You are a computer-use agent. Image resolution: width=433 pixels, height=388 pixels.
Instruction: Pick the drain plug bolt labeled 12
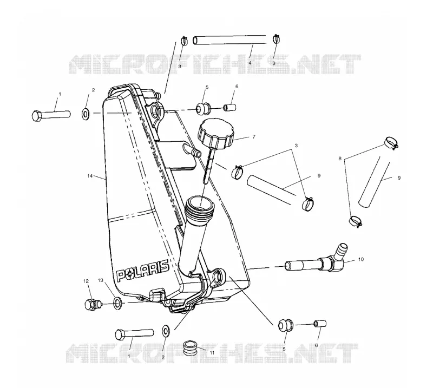click(92, 304)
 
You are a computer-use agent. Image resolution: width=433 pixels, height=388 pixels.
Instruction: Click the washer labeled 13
click(117, 303)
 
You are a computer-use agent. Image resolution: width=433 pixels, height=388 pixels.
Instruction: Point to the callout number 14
click(89, 176)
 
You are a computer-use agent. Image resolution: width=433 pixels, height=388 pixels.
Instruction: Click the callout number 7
click(253, 137)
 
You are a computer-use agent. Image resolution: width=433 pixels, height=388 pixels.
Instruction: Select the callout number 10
click(361, 259)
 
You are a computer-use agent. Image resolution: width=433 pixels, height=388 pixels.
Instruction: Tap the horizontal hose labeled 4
click(229, 40)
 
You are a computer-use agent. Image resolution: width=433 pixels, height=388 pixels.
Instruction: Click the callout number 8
click(340, 159)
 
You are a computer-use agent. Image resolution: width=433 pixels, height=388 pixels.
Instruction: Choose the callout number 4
click(250, 63)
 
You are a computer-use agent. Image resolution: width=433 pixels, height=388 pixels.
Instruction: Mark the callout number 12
click(86, 281)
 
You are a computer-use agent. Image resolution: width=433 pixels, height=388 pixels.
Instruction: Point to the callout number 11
click(212, 353)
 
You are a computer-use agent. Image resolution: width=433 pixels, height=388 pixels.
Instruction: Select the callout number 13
click(100, 280)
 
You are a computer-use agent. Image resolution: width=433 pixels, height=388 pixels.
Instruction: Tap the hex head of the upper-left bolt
click(37, 116)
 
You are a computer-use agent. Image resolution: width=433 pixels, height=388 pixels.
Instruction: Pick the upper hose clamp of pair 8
click(391, 142)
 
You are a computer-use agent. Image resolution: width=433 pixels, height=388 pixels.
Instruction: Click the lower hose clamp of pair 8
click(355, 221)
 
